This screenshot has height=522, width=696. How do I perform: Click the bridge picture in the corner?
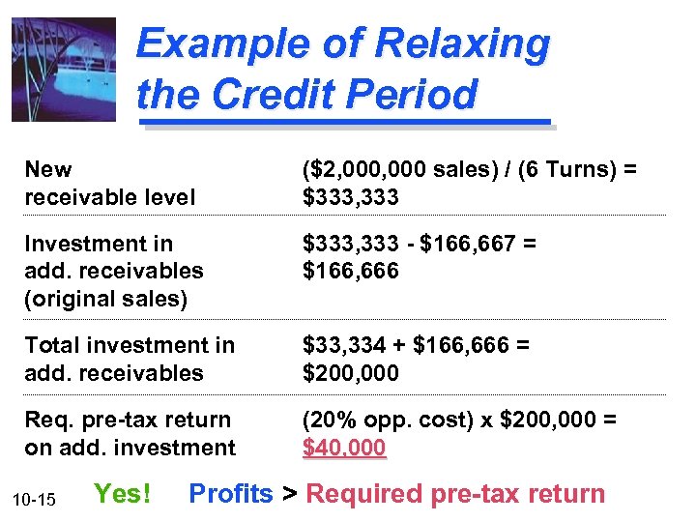tap(63, 70)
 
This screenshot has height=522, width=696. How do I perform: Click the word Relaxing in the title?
tap(462, 43)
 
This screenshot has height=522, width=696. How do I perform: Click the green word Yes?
tap(122, 494)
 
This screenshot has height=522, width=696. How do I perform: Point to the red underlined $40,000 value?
tap(344, 448)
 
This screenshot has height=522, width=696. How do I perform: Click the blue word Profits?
tap(231, 494)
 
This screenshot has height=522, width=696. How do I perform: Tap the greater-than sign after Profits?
tap(289, 495)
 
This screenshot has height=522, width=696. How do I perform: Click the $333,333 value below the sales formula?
tap(350, 198)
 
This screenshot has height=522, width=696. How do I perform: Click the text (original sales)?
tap(106, 299)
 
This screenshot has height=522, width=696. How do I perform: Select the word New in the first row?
tap(48, 170)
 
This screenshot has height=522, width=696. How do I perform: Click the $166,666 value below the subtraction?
tap(350, 271)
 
